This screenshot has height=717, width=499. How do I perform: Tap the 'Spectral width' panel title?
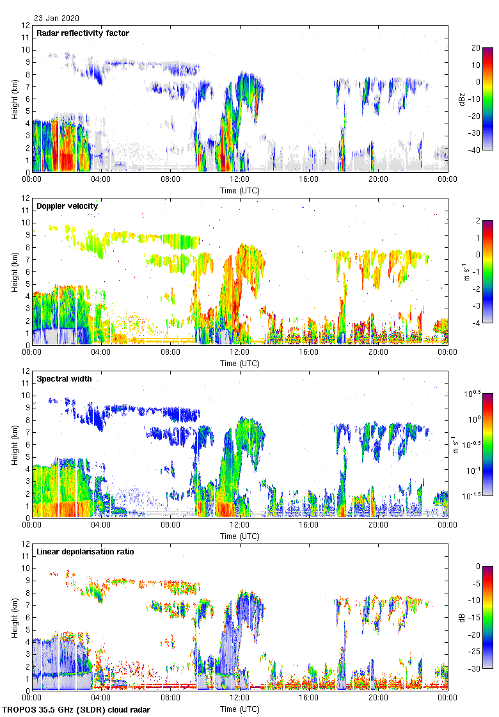point(64,378)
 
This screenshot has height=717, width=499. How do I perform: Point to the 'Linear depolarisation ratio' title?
point(85,551)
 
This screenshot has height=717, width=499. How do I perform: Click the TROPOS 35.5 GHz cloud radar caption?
point(77,710)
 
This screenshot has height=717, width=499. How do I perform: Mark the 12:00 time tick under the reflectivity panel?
point(240,180)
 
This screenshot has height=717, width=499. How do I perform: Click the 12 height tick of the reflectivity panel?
point(26,26)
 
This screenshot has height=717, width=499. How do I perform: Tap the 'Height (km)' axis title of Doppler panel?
point(13,272)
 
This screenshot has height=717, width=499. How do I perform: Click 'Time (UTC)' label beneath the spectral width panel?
point(240,536)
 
